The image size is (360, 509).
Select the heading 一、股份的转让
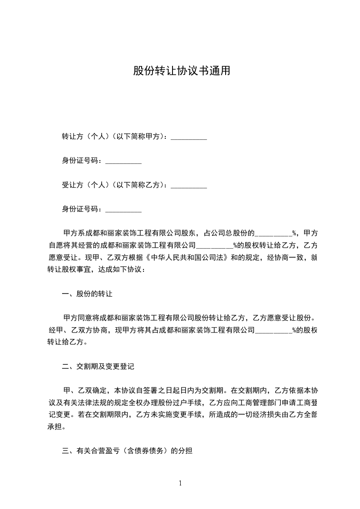[x=87, y=294]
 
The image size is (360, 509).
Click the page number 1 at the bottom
[x=180, y=484]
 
